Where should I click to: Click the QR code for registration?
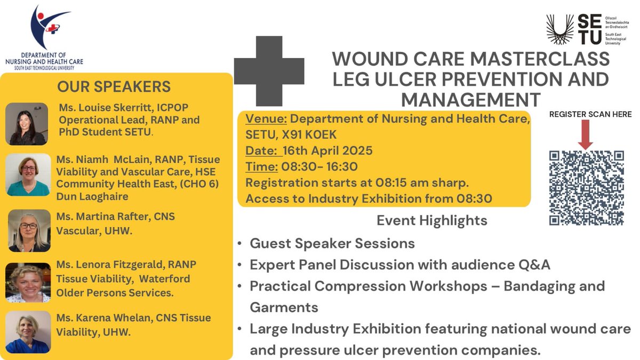coord(586,188)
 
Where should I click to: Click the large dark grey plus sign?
coord(269,71)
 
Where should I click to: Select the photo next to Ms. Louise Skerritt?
coord(27,124)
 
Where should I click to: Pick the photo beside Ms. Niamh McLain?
coord(27,175)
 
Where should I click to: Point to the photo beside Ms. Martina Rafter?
coord(29,231)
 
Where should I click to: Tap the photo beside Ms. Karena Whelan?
coord(28,332)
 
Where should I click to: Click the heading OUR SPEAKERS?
coord(114,86)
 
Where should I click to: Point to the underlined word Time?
coord(261,167)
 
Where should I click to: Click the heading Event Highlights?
coord(431,220)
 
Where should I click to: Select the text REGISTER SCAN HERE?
coord(590,114)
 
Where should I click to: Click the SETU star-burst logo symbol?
coord(561,30)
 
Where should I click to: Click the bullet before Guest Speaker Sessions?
coord(241,244)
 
